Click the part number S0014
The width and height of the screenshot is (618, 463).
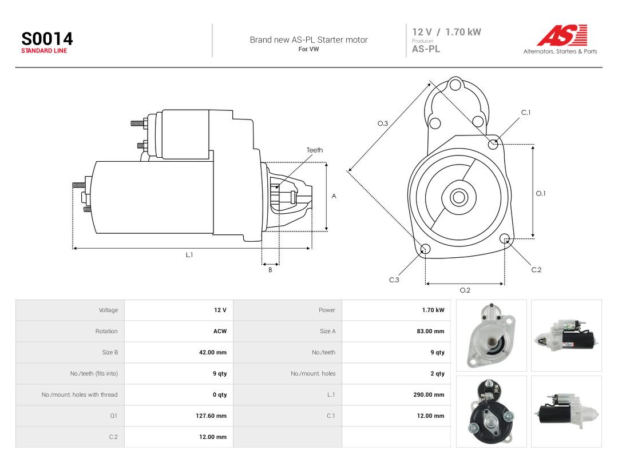[x=47, y=39]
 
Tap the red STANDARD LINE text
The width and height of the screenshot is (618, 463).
[x=44, y=51]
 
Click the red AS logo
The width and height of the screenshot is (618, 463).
[x=562, y=35]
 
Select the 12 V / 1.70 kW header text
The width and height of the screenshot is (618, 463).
[x=446, y=32]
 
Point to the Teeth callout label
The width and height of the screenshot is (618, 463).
[x=315, y=150]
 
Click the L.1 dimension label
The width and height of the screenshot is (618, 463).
[x=189, y=255]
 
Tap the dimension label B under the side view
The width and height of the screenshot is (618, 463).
[x=270, y=270]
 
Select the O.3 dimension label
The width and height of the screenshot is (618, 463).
[x=383, y=123]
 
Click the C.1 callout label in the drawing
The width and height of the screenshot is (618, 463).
[x=526, y=113]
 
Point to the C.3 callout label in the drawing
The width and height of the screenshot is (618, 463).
[x=394, y=280]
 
